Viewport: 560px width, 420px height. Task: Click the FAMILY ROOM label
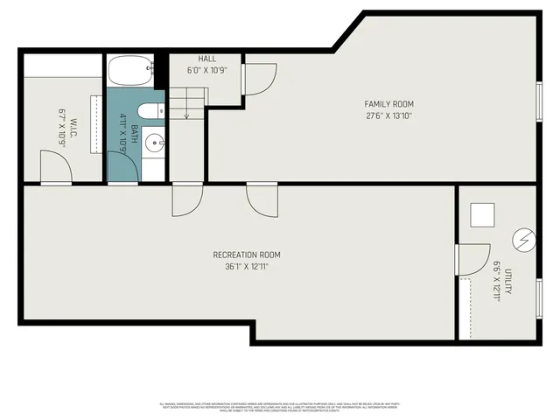[x=389, y=103]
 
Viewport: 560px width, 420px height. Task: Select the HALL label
[x=206, y=59]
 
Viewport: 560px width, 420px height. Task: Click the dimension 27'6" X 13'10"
[x=389, y=115]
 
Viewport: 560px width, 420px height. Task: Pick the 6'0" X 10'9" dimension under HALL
[x=206, y=70]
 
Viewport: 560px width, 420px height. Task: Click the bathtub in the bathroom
[x=129, y=71]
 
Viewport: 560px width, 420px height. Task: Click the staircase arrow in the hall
[x=185, y=107]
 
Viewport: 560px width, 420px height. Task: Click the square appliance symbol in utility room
[x=482, y=215]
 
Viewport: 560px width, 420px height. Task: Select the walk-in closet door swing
[x=54, y=166]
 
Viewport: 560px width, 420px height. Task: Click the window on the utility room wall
[x=539, y=297]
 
